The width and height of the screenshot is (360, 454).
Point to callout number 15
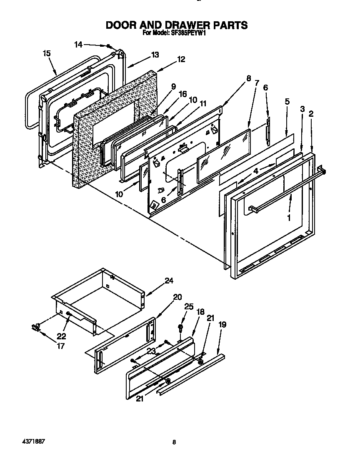pos(47,53)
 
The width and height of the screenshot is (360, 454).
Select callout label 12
pos(181,59)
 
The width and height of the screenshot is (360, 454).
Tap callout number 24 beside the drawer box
pos(168,281)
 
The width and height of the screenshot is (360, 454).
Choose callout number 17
pos(61,346)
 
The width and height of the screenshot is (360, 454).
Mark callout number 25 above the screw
pos(189,307)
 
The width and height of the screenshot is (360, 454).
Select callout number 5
pos(287,102)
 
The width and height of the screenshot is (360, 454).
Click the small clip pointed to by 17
pos(35,328)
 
